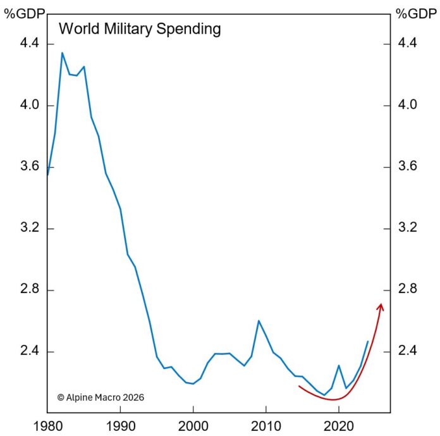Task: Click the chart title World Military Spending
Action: tap(139, 28)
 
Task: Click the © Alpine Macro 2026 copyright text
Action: tap(101, 397)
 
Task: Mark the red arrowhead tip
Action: tap(381, 304)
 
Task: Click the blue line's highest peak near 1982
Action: tap(62, 53)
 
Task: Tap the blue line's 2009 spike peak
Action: tap(259, 321)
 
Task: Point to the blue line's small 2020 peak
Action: tap(339, 365)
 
